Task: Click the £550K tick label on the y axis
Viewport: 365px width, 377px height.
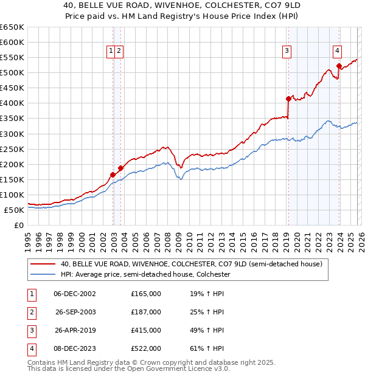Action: point(12,58)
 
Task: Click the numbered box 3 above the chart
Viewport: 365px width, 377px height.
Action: point(286,52)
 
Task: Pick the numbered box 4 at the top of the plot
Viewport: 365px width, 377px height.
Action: point(336,52)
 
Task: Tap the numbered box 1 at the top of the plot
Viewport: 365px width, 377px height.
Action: point(111,52)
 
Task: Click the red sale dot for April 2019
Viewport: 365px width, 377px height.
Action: point(288,98)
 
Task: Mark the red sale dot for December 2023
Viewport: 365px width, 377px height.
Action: point(339,66)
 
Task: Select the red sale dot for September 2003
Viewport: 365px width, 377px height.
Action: point(121,168)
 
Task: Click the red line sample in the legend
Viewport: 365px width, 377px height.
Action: point(43,265)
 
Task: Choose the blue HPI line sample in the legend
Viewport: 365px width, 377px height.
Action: point(43,275)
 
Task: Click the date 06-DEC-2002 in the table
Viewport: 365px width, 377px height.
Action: point(75,294)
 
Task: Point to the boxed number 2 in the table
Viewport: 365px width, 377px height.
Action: point(31,312)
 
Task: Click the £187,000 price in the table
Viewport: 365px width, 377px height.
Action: point(146,312)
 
